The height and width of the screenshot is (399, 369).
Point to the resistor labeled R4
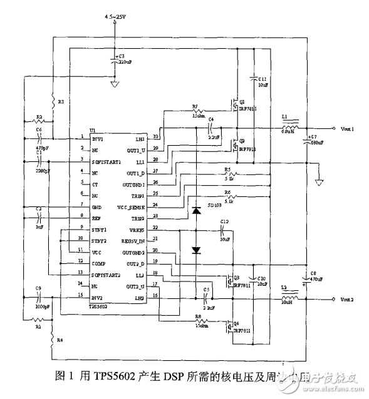click(x=53, y=341)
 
